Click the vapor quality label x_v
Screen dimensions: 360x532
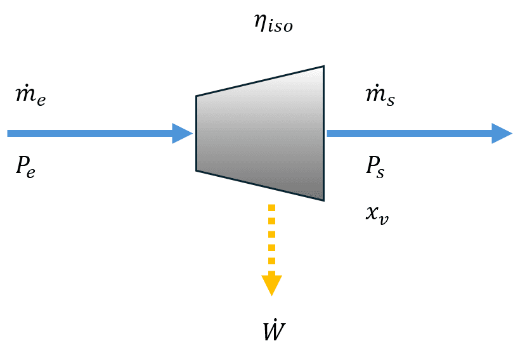coord(377,214)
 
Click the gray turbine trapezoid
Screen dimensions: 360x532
coord(260,133)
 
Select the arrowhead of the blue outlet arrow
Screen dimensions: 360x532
coord(502,133)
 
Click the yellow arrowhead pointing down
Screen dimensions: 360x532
coord(271,284)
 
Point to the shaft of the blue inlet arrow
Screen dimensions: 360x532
coord(89,133)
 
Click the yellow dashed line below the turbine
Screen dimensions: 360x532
coord(271,238)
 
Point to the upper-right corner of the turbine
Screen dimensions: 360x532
coord(324,66)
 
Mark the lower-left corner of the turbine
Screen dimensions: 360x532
coord(196,170)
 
